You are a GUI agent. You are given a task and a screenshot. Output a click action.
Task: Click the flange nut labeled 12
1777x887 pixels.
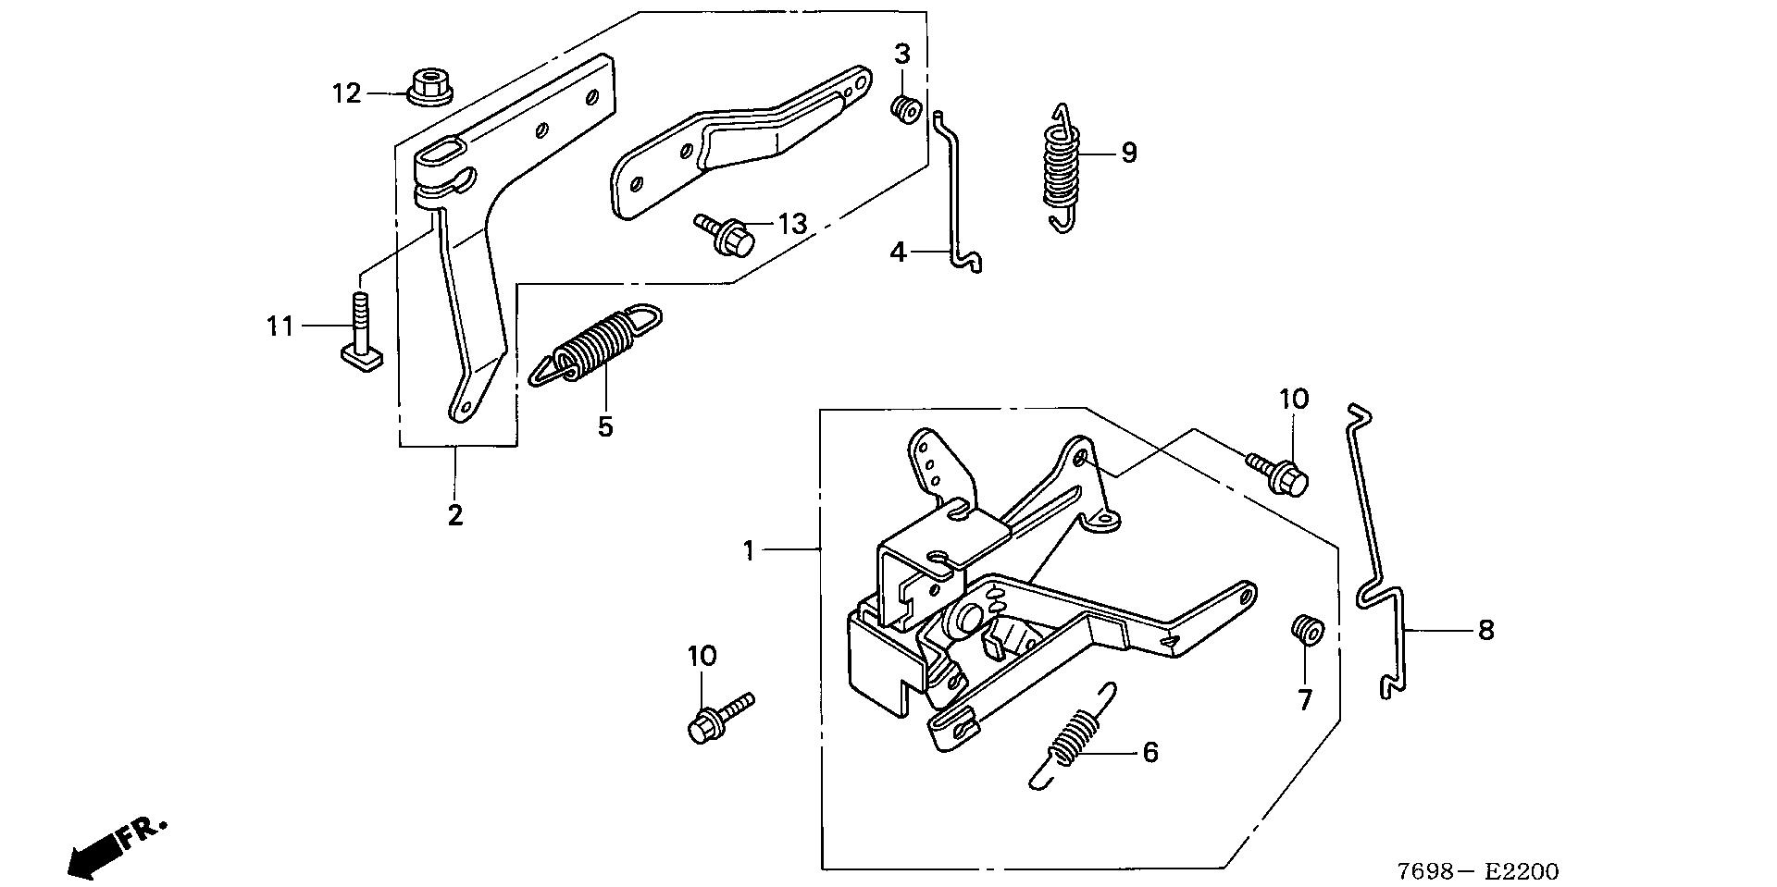point(428,86)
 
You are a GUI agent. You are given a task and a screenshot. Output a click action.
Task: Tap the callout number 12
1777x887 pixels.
point(347,93)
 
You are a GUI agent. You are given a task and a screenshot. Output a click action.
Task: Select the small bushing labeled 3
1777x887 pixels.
point(904,109)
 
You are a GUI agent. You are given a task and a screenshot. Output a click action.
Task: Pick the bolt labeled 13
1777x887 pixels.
point(731,229)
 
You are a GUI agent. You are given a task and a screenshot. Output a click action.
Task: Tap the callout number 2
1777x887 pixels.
point(454,515)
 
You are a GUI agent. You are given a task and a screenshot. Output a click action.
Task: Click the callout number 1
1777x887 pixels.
point(749,551)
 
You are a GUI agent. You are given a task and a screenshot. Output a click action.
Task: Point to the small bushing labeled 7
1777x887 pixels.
point(1307,632)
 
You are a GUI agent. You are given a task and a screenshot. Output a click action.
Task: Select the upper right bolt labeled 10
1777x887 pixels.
point(1281,472)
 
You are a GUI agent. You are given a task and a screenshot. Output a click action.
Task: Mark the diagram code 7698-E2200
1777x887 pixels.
point(1477,871)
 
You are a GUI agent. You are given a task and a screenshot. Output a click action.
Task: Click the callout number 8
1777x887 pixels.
point(1485,631)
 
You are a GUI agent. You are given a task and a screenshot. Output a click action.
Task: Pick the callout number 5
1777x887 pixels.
point(605,426)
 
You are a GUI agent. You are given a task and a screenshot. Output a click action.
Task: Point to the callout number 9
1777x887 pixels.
point(1128,153)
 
